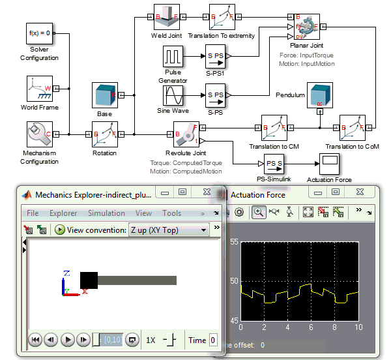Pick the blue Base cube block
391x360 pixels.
pos(104,95)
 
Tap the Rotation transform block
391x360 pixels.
pos(104,134)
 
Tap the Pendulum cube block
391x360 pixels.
pos(319,96)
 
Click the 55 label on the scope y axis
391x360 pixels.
pos(234,242)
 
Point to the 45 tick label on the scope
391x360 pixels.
pos(234,320)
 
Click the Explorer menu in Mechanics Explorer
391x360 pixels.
pos(63,213)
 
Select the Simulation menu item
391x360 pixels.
pos(106,213)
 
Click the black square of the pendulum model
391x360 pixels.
pos(89,280)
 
